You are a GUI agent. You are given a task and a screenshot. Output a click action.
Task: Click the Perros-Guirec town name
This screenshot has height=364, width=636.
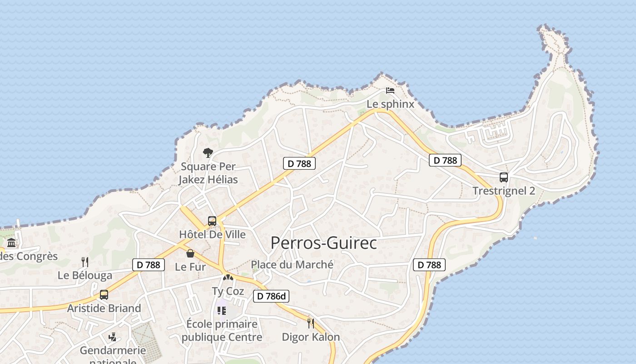pos(323,243)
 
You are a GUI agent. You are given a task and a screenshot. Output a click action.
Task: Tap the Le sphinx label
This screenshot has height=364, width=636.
pos(391,104)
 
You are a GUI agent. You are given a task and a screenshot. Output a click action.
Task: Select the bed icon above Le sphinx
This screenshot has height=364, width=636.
pos(390,90)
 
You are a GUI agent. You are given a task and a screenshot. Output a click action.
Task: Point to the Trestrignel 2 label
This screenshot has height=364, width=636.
pos(504,191)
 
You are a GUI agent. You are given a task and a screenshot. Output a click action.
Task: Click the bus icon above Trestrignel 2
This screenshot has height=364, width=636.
pos(503,177)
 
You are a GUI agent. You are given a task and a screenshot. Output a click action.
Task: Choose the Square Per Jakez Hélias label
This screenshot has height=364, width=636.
pos(208,173)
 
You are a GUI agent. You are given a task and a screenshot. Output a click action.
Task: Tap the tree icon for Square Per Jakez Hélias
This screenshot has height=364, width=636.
pos(208,153)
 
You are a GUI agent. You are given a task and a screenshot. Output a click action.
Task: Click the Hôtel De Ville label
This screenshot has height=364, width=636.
pos(212,235)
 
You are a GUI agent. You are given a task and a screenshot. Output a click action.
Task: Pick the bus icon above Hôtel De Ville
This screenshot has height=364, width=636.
pos(212,222)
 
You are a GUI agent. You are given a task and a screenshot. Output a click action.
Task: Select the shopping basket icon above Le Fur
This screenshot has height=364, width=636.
pos(190,253)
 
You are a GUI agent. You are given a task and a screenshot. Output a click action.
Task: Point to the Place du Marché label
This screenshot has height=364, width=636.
pos(292,264)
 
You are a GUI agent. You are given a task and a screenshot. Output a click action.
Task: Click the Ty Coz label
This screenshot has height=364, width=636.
pos(228,291)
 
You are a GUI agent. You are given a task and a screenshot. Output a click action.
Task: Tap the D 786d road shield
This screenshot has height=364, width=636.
pos(271,296)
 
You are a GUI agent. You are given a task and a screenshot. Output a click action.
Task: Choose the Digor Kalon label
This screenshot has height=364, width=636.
pos(311,337)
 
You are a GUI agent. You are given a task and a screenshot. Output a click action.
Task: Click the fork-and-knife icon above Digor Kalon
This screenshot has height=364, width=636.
pos(311,324)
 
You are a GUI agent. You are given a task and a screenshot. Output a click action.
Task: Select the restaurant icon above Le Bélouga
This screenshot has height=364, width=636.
pos(84,262)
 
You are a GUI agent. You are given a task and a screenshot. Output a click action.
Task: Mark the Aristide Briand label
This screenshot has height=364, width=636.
pos(104,308)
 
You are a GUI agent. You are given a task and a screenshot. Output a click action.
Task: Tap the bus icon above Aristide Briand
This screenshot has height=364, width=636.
pos(104,295)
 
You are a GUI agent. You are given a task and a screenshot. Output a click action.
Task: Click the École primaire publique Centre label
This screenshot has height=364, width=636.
pos(222,331)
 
